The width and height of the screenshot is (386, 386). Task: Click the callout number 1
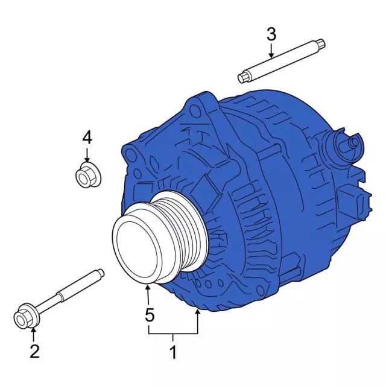(x=173, y=352)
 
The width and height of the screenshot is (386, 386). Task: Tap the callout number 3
(x=271, y=34)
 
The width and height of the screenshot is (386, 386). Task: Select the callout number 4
(x=87, y=138)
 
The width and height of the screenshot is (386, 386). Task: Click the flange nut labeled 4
(x=88, y=175)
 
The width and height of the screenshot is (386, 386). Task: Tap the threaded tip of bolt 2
(x=101, y=273)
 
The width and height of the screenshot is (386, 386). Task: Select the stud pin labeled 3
(x=282, y=60)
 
